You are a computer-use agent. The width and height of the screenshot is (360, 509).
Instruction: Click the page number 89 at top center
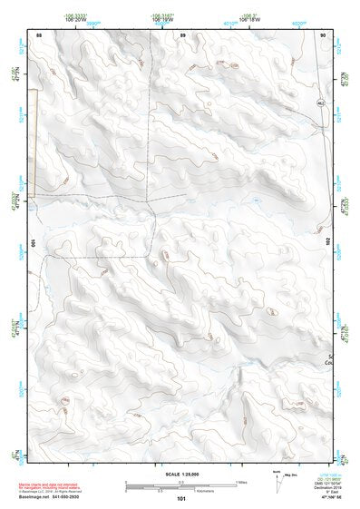point(182,34)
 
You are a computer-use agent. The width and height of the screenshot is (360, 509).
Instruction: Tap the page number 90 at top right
point(324,34)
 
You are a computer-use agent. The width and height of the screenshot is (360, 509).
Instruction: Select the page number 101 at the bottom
point(182,498)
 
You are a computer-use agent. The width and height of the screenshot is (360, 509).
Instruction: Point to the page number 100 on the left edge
point(33,243)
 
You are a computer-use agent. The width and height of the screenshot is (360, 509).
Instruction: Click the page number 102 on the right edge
point(330,243)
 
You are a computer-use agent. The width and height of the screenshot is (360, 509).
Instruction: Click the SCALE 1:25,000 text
point(181,473)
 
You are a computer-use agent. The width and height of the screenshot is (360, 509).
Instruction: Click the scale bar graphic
point(181,485)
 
